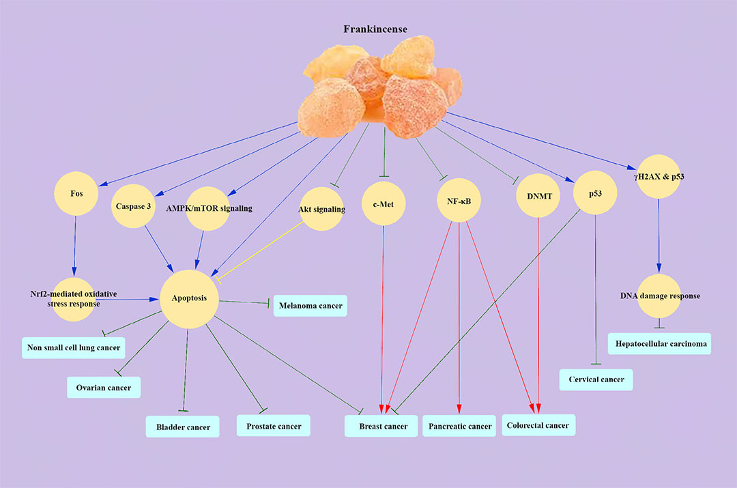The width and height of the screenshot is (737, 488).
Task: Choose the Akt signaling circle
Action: [x=321, y=209]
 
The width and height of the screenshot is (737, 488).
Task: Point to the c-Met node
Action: [x=384, y=203]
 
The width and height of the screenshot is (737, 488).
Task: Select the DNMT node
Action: [x=539, y=197]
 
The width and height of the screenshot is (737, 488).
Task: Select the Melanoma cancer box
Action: [x=310, y=305]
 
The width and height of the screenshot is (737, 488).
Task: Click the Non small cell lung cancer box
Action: [x=74, y=347]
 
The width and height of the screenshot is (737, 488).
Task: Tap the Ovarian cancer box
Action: [x=104, y=387]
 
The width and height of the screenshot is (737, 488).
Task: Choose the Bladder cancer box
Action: [x=182, y=427]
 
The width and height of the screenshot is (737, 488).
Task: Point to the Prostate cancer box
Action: [x=274, y=426]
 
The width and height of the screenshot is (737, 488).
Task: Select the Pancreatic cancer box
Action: [x=459, y=426]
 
